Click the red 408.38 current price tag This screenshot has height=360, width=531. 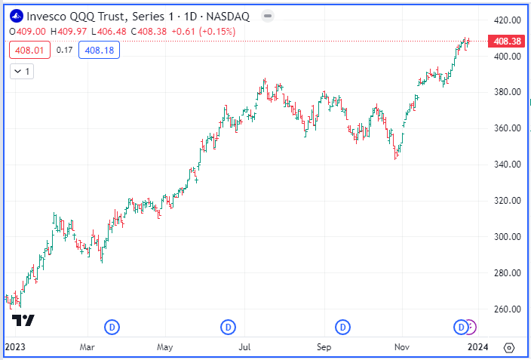click(507, 41)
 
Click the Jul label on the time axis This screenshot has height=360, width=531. click(244, 348)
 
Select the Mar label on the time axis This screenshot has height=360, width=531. click(87, 348)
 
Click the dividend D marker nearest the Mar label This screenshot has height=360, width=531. click(112, 327)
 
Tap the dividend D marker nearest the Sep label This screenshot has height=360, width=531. click(342, 327)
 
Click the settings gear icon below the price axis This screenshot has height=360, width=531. click(509, 348)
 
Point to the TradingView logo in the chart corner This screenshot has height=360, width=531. click(24, 320)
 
